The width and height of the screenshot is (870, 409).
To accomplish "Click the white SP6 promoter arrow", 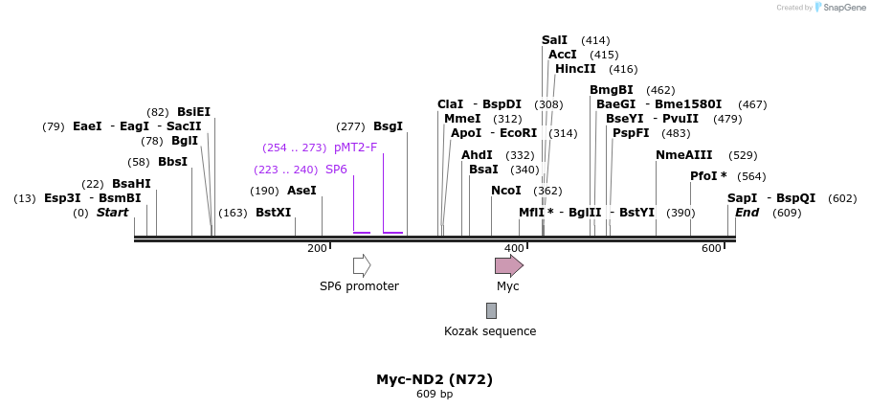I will click(x=362, y=265).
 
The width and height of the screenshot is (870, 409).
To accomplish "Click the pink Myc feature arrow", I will click(x=508, y=265).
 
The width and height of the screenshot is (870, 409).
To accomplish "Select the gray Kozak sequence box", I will click(x=491, y=310).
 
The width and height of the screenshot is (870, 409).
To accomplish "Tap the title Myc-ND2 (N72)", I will click(x=435, y=379).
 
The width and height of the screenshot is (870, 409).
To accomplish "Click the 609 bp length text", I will click(x=435, y=394).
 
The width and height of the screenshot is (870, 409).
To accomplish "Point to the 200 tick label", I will click(x=317, y=249).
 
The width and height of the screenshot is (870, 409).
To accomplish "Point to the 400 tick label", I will click(x=514, y=249).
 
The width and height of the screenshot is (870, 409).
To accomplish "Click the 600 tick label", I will click(x=711, y=249).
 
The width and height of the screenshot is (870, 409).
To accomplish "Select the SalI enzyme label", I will click(x=554, y=40).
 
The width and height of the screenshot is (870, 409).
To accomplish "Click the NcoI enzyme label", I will click(x=505, y=191).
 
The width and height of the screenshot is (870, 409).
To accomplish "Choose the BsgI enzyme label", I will click(x=388, y=126).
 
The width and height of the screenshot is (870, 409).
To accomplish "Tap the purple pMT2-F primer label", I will click(x=355, y=148).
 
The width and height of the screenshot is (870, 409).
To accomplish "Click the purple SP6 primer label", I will click(x=336, y=170).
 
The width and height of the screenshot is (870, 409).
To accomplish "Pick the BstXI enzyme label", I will click(x=273, y=213).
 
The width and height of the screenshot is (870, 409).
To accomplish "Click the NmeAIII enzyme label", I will click(x=683, y=155).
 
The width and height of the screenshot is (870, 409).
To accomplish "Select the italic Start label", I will click(x=112, y=213).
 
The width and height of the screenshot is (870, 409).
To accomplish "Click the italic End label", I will click(x=747, y=213).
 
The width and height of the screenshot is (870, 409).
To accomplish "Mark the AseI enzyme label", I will click(x=301, y=191).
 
